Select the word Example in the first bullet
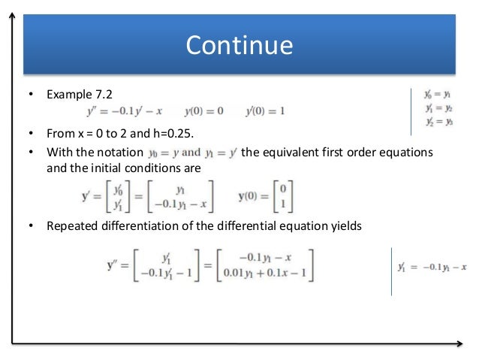click(68, 95)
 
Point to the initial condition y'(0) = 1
click(265, 112)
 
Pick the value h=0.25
click(170, 135)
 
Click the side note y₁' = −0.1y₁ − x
click(432, 268)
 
